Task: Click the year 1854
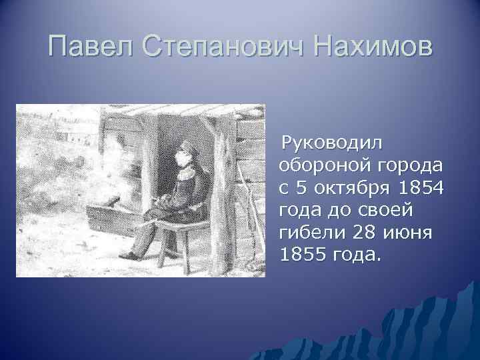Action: pyautogui.click(x=419, y=188)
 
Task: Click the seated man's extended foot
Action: pyautogui.click(x=128, y=255)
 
